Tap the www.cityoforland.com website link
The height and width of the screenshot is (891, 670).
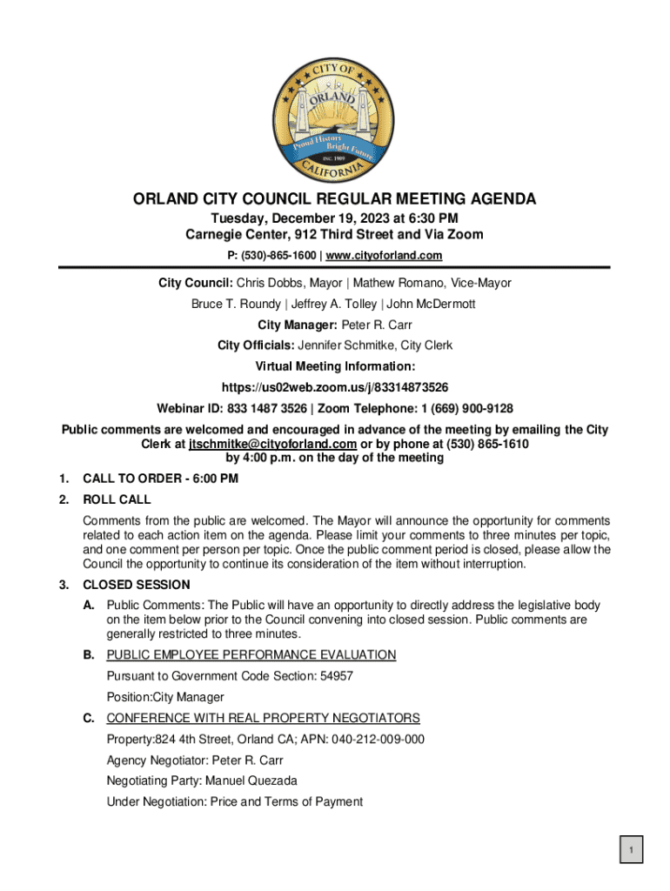point(386,255)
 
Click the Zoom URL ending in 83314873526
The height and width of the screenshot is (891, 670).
point(334,386)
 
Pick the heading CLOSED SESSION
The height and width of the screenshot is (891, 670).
point(136,585)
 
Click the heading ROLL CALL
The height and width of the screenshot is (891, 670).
point(117,499)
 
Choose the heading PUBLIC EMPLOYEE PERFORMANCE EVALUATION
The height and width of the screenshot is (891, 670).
point(251,654)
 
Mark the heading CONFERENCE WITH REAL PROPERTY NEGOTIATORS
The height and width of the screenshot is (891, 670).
point(263,718)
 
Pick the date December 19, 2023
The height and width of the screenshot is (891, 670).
point(334,218)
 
